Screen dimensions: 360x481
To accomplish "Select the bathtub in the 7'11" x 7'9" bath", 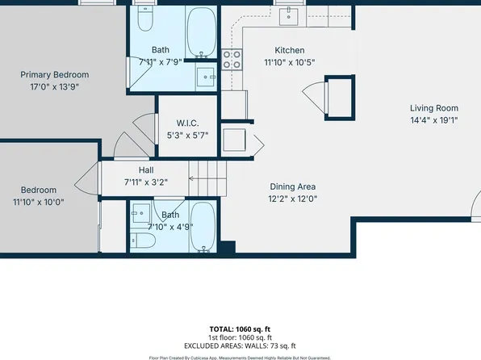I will click(201, 30).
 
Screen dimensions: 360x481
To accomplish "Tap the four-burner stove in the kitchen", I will click(232, 59).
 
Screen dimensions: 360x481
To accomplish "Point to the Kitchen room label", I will click(289, 49).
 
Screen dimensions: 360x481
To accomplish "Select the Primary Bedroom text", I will click(55, 74).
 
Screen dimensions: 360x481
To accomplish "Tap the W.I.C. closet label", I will click(187, 123).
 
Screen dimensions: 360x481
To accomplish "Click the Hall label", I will click(145, 170).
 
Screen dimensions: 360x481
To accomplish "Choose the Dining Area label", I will click(291, 186).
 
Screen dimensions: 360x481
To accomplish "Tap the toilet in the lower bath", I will click(145, 241).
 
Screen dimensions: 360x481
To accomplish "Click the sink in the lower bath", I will click(141, 214).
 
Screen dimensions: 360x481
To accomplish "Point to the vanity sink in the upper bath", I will click(207, 77).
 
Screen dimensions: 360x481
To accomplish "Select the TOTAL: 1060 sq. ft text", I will click(240, 329).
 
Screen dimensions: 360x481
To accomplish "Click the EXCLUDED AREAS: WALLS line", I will click(240, 345).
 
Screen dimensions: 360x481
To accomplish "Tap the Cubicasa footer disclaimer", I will click(240, 357).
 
